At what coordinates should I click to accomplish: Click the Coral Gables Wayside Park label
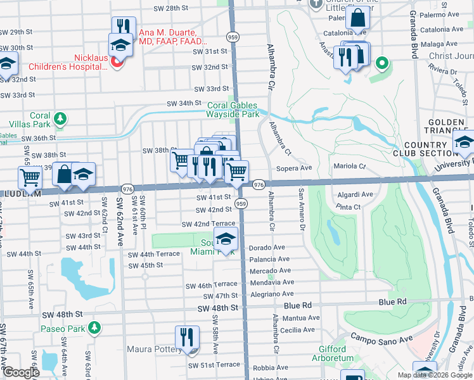[x=233, y=110]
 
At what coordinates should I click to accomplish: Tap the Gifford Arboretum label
[x=332, y=353]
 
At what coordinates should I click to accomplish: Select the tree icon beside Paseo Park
[x=94, y=327]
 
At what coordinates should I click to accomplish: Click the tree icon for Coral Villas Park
[x=60, y=118]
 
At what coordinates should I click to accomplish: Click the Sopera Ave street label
[x=295, y=168]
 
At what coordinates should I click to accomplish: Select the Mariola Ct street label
[x=350, y=166]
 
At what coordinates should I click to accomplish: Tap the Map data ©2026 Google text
[x=435, y=375]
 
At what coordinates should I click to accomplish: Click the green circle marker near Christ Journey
[x=381, y=63]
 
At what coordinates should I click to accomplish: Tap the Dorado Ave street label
[x=267, y=248]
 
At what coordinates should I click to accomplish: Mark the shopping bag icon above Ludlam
[x=64, y=174]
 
